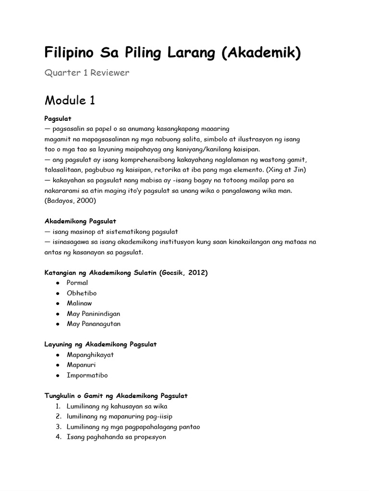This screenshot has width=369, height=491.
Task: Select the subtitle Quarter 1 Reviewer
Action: pos(87,73)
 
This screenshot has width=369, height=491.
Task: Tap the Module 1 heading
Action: pos(70,100)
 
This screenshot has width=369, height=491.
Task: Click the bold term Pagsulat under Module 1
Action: pos(58,118)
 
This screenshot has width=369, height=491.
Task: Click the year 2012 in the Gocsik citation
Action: pos(197,272)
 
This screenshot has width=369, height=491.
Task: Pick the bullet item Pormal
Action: pos(77,283)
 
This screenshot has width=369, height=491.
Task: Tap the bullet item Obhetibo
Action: pos(82,293)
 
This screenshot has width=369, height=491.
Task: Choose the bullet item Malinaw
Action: pos(79,303)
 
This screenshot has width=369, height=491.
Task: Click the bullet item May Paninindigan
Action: pos(93,314)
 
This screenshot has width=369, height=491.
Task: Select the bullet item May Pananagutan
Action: pos(94,324)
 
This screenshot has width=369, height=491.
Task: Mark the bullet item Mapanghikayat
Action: pos(90,355)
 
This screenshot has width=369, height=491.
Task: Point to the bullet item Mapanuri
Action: pos(81,365)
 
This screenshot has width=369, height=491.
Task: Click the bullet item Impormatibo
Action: pos(84,375)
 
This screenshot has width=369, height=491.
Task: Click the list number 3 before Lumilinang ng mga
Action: pos(58,427)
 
